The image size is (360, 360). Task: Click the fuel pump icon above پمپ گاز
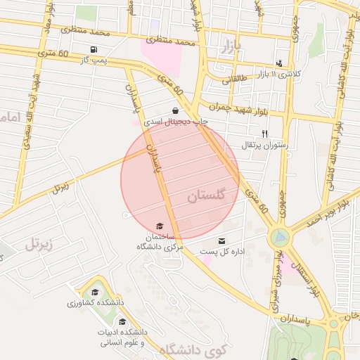click(94, 49)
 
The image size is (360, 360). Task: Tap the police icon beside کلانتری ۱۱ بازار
click(279, 63)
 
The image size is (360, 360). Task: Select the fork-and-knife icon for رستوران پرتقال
click(264, 134)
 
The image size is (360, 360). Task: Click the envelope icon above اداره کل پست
click(222, 240)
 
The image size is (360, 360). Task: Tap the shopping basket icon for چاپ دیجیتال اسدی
click(174, 110)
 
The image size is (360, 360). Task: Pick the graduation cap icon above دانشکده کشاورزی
click(95, 292)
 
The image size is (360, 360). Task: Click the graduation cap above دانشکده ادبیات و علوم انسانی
click(122, 321)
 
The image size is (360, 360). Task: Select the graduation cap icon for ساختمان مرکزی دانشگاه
click(160, 226)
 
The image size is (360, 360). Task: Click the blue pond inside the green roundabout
click(280, 237)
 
